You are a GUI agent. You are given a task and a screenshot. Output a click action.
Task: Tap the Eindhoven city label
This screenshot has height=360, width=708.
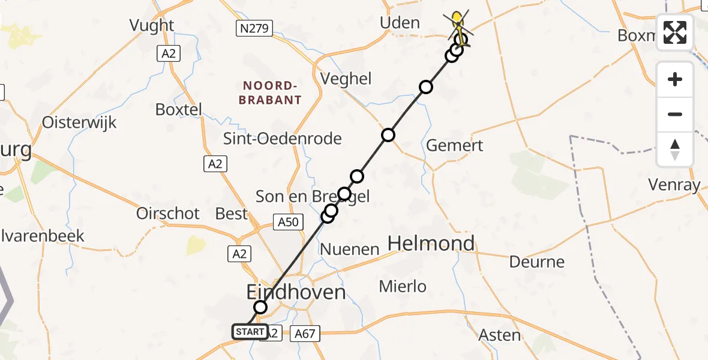(296, 293)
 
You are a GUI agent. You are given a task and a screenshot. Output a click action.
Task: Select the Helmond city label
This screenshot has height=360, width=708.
(431, 244)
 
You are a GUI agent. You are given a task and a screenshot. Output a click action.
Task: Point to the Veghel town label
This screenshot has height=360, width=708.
(346, 79)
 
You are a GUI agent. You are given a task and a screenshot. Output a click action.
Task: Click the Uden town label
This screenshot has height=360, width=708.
(400, 23)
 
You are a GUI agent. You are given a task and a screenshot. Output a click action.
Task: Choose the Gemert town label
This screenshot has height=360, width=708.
(454, 146)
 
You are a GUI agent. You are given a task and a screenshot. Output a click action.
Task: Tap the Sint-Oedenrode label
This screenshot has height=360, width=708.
(282, 139)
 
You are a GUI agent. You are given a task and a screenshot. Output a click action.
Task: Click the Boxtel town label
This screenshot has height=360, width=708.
(178, 110)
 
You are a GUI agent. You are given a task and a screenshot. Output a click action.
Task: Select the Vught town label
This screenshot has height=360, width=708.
(152, 25)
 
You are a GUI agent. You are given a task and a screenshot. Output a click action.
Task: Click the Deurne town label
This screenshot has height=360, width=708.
(537, 262)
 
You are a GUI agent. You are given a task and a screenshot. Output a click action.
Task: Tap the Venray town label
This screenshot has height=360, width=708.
(674, 185)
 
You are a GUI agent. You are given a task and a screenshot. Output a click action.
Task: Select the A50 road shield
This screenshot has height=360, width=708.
(287, 222)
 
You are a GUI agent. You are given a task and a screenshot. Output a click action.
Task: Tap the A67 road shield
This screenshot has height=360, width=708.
(305, 332)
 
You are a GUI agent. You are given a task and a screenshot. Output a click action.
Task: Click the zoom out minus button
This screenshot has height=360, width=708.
(675, 115)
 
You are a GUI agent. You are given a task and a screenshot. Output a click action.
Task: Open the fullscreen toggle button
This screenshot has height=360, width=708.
(675, 32)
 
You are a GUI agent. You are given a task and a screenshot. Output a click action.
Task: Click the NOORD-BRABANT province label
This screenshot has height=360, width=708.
(270, 93)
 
